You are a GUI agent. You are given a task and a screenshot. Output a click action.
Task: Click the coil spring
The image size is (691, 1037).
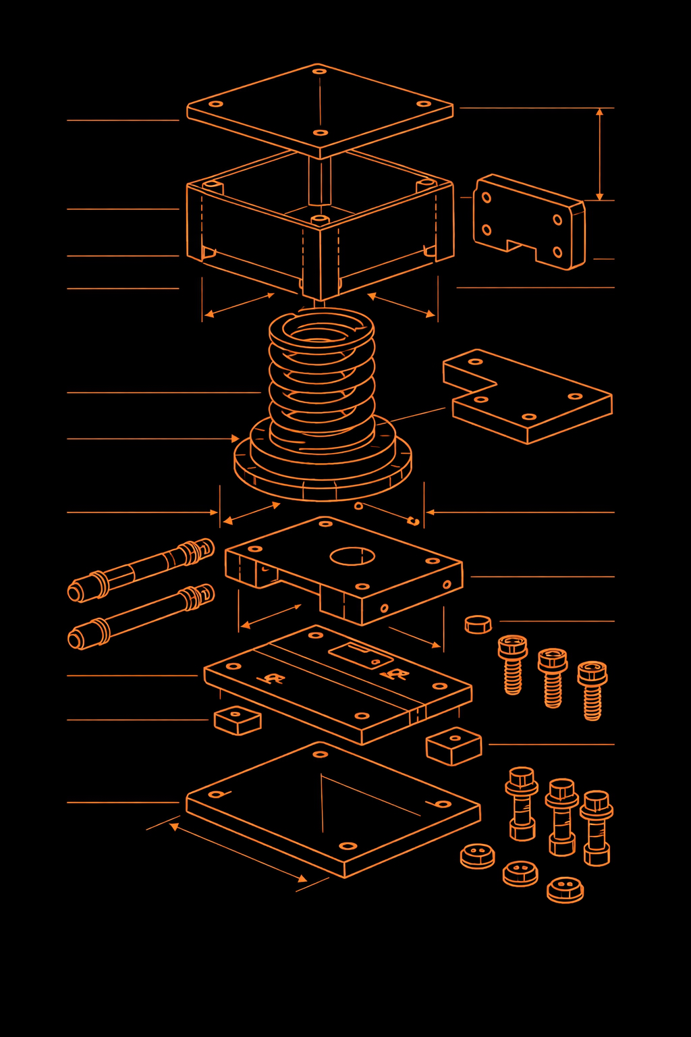coord(322,378)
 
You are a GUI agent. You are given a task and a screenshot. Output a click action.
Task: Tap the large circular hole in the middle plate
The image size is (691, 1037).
coord(352,556)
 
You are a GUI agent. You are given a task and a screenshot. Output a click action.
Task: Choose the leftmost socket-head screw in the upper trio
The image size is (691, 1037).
coord(512,664)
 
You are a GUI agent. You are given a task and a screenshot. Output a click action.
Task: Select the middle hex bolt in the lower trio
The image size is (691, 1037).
coord(561,817)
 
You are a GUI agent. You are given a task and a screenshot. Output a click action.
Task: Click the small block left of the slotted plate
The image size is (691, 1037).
coord(238,720)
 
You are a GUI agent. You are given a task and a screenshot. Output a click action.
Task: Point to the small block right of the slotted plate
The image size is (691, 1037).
coord(454,745)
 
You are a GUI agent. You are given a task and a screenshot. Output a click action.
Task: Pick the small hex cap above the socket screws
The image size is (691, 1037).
coord(478,624)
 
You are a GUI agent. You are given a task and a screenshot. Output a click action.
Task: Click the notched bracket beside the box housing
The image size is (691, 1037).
coord(528,221)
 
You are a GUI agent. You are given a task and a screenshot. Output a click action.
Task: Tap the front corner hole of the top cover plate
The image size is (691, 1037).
coord(321,132)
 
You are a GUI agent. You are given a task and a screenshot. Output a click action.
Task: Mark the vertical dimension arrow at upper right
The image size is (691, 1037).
coord(599,154)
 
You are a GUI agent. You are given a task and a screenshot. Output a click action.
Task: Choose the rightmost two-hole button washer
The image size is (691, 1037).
coord(565,888)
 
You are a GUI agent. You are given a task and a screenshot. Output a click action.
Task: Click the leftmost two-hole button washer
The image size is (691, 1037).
coord(478,855)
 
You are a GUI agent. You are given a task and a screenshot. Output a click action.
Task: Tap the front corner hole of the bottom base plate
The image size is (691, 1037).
coord(348,845)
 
